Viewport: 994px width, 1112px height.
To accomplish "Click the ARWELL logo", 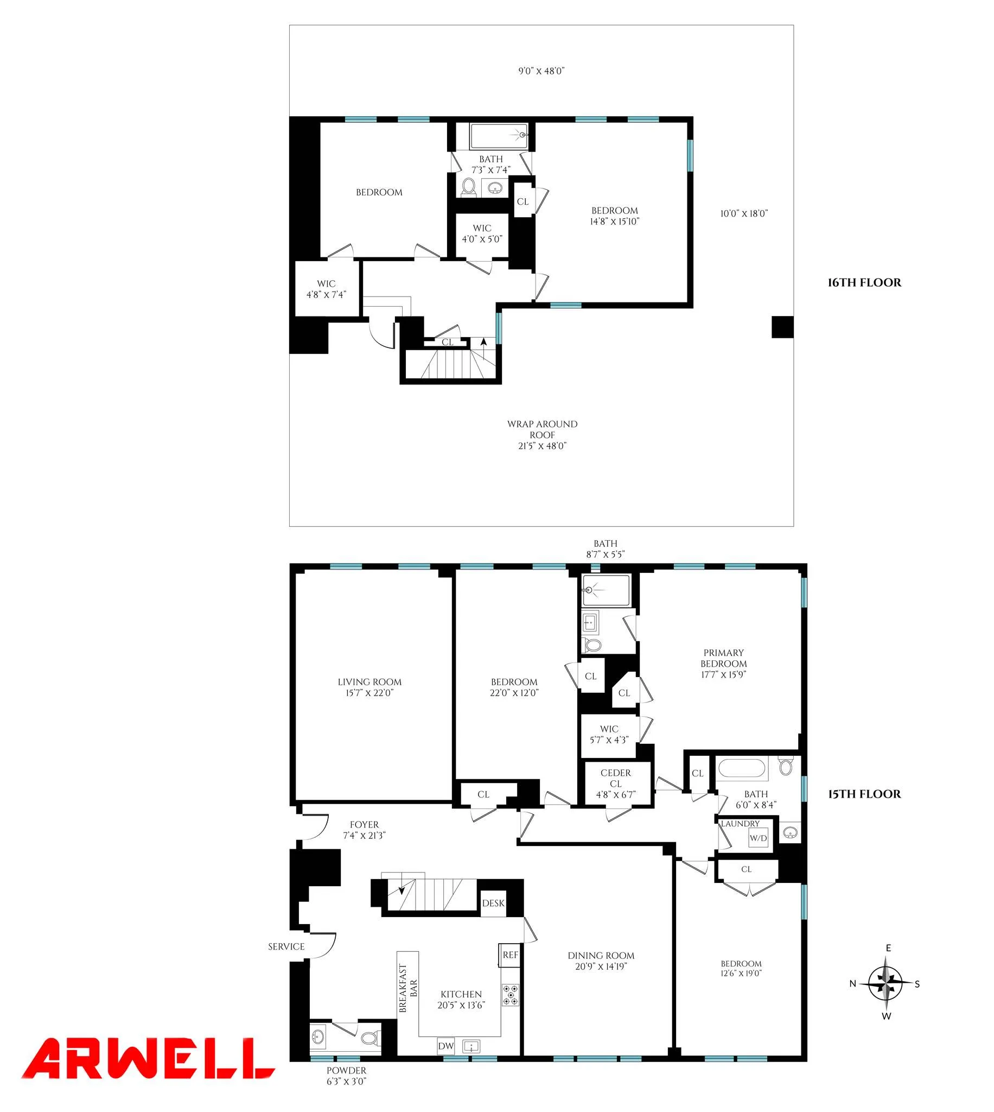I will click(148, 1058).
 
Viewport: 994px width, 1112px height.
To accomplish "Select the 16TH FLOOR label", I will click(864, 282).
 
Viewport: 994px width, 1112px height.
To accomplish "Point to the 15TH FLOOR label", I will click(864, 794).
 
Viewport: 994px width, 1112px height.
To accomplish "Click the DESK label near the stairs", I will click(493, 903).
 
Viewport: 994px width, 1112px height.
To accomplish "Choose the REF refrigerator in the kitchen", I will click(510, 955).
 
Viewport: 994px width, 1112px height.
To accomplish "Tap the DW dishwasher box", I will click(445, 1046).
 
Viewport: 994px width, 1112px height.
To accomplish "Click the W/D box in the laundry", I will click(757, 838).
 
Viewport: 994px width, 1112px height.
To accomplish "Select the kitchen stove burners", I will click(511, 995).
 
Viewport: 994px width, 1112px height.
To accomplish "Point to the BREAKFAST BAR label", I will click(408, 988).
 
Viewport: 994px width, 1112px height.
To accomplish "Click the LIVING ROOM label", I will click(369, 682).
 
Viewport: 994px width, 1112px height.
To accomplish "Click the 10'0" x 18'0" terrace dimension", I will click(744, 213).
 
